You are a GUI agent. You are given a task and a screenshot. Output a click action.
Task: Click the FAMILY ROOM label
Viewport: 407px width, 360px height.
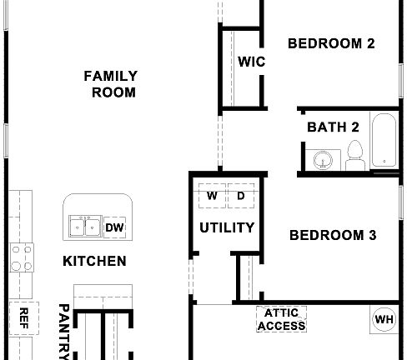point(111,84)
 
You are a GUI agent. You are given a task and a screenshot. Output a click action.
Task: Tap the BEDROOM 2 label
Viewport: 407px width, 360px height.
point(331,43)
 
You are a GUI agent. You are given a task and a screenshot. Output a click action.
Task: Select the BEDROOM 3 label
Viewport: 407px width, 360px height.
point(333,235)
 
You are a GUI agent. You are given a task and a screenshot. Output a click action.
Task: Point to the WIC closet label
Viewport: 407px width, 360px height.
point(251,61)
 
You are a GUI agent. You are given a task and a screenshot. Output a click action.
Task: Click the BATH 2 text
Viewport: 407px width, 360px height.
point(333,127)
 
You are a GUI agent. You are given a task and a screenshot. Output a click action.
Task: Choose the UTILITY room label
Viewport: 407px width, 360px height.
point(226,227)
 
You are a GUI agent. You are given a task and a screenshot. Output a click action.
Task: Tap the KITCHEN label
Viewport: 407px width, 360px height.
point(95,261)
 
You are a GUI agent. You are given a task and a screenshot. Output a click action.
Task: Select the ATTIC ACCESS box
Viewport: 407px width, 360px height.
point(281,319)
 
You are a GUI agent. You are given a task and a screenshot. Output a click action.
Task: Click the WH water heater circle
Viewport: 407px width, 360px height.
point(384,318)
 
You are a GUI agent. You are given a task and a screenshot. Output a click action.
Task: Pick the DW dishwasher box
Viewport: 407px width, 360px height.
point(114,227)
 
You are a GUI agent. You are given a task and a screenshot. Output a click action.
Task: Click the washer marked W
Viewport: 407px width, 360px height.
point(212,197)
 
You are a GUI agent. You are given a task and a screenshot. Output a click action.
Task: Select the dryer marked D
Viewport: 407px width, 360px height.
point(241,197)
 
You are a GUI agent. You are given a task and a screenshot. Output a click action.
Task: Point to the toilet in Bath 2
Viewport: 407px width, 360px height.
point(354,154)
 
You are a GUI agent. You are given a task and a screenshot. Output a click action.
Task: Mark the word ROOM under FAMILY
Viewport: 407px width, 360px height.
point(113,92)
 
